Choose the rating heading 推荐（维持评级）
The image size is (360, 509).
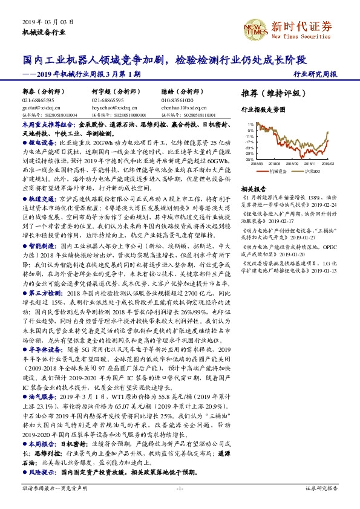click(x=269, y=95)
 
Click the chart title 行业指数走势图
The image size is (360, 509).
click(x=263, y=111)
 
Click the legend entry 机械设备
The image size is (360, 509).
click(x=277, y=171)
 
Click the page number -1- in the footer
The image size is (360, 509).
click(x=179, y=487)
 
